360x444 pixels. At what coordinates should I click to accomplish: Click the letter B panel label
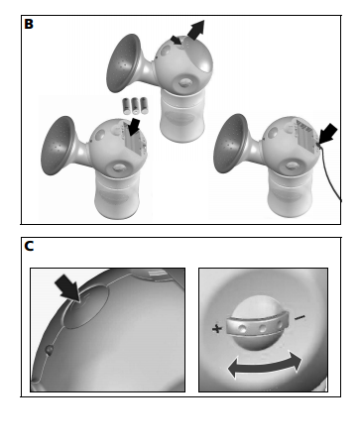click(29, 24)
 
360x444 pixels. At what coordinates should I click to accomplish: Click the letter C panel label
click(29, 246)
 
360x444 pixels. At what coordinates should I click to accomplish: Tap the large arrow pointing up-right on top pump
click(195, 30)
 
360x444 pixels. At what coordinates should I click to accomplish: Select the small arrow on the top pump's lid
click(177, 41)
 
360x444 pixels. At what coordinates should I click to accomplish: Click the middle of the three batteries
click(136, 105)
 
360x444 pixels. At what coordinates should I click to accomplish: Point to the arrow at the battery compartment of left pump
click(134, 127)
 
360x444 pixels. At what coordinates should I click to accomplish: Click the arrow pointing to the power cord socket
click(328, 134)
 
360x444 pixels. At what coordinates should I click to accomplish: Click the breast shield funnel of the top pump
click(124, 62)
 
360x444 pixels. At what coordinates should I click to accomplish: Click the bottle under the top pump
click(181, 115)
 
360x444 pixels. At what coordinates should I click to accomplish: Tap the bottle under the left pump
click(117, 194)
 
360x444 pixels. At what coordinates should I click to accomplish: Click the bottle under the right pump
click(291, 193)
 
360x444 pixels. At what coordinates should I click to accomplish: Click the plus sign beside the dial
click(217, 328)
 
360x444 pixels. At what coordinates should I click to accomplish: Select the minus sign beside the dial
click(300, 318)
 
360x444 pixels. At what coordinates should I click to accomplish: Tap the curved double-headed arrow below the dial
click(265, 366)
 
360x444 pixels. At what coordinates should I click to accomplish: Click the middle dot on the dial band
click(263, 329)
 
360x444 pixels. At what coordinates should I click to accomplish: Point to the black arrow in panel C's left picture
click(68, 287)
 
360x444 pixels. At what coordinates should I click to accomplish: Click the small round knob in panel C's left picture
click(49, 350)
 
